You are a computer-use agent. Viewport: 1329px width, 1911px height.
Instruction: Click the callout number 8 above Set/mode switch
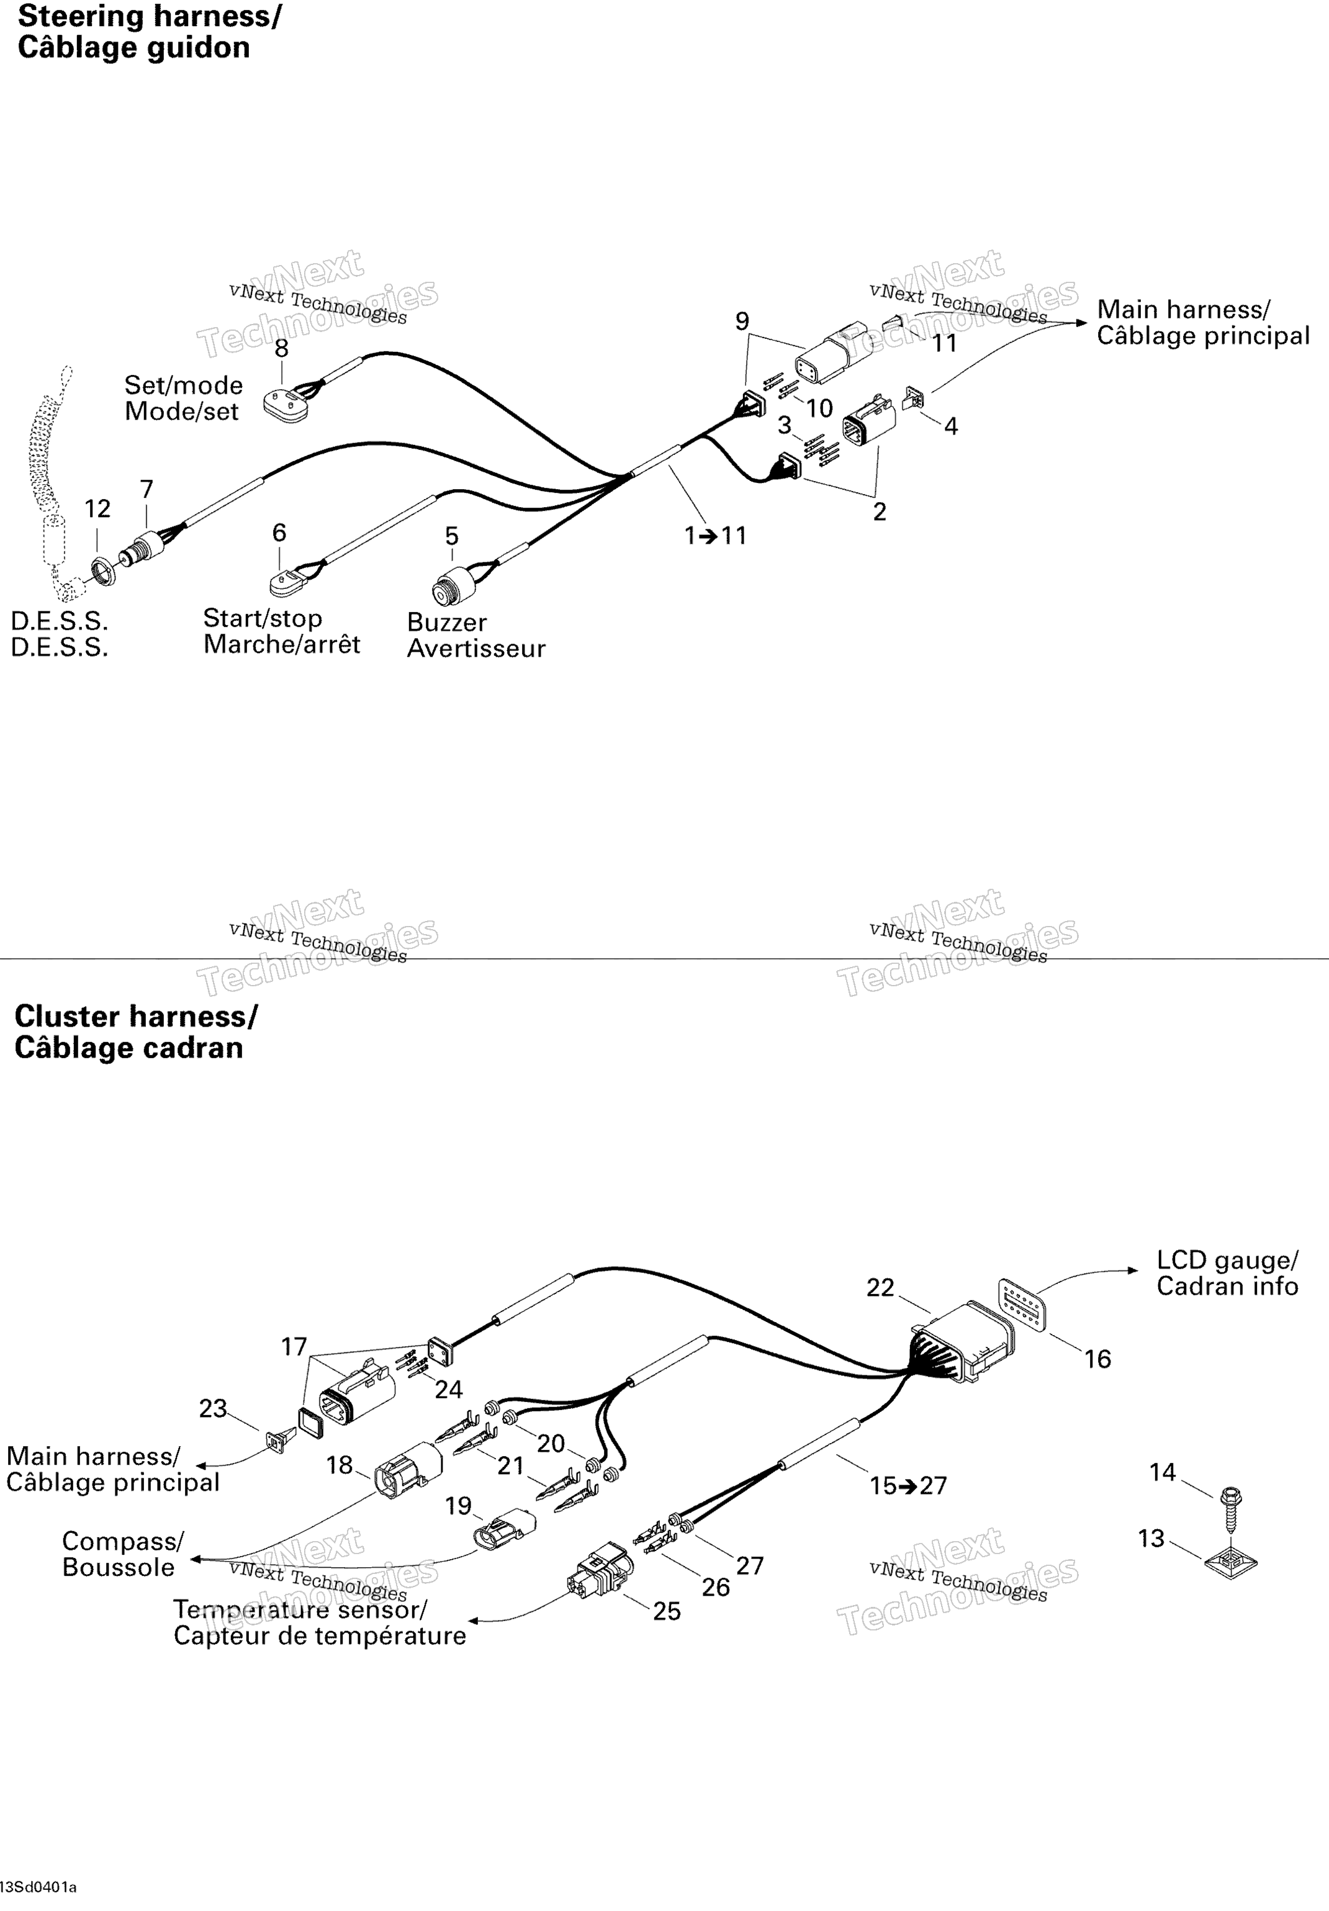pos(281,348)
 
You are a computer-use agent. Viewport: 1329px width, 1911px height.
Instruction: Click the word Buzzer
pos(447,623)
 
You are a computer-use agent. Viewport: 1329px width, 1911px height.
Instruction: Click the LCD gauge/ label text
pos(1227,1260)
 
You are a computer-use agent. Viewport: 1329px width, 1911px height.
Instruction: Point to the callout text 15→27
pos(909,1486)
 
